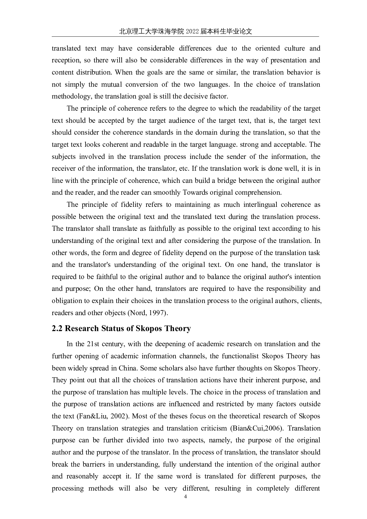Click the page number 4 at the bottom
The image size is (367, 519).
[186, 497]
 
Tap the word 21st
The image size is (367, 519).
[94, 344]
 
